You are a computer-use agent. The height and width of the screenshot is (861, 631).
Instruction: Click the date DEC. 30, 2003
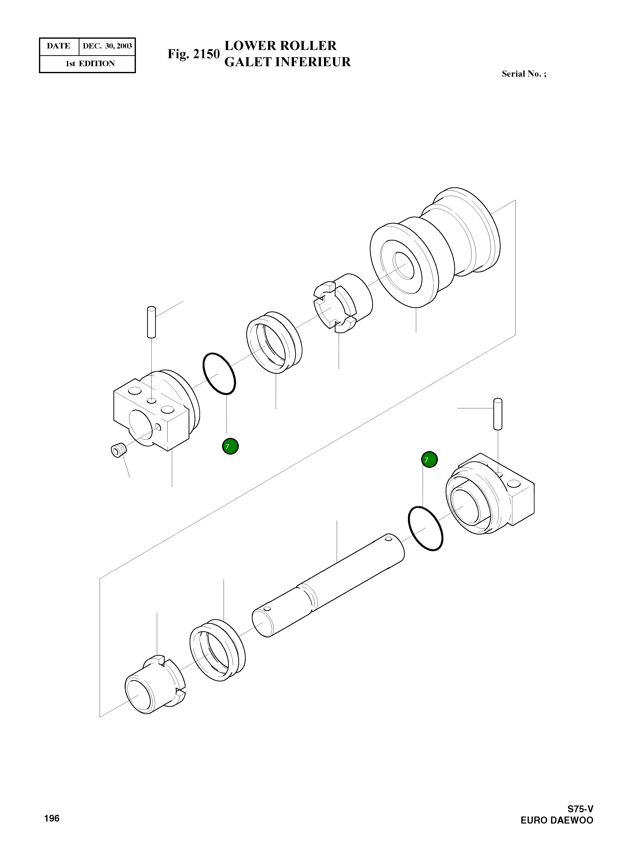point(107,46)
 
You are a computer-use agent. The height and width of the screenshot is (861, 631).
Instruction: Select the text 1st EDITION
point(90,64)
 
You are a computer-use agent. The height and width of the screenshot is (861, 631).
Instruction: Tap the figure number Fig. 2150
point(193,54)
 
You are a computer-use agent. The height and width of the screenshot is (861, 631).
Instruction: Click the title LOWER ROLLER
point(280,46)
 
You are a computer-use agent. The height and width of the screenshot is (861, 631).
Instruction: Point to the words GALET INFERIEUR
point(287,62)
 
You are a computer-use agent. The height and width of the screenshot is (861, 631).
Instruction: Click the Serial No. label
point(524,74)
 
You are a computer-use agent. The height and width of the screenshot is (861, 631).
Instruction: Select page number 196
point(52,818)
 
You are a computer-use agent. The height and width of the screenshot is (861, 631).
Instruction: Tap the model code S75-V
point(580,809)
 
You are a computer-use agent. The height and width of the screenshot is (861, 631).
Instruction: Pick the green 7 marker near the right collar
point(429,460)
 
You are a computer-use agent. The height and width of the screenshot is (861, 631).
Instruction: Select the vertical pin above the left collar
point(151,322)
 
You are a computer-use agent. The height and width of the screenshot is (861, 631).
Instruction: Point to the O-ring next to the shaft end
point(425,529)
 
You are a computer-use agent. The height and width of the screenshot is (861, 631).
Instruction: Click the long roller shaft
point(328,586)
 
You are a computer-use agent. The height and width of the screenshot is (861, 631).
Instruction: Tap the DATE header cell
point(59,46)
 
